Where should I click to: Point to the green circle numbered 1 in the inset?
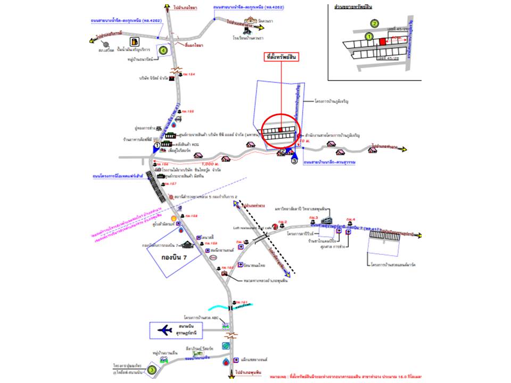[x=368, y=36]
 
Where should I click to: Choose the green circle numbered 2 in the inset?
[x=375, y=23]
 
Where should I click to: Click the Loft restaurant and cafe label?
[x=252, y=227]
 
